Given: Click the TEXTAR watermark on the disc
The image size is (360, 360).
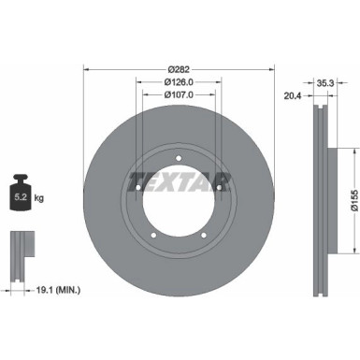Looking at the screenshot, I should (179, 178).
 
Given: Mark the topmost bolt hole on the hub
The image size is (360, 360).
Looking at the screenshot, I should (179, 155).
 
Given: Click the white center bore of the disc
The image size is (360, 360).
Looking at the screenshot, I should (179, 201).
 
